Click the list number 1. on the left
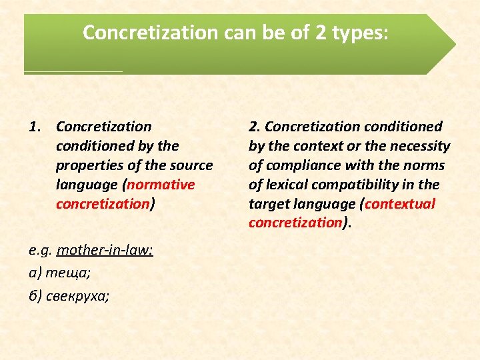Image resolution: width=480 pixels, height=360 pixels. click(37, 126)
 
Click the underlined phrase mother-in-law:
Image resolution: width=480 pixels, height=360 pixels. click(105, 251)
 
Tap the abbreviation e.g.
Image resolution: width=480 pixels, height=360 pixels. click(41, 251)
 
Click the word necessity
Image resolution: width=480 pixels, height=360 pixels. click(421, 145)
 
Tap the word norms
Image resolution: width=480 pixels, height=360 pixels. click(425, 165)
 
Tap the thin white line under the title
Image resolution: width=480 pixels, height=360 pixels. click(73, 71)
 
